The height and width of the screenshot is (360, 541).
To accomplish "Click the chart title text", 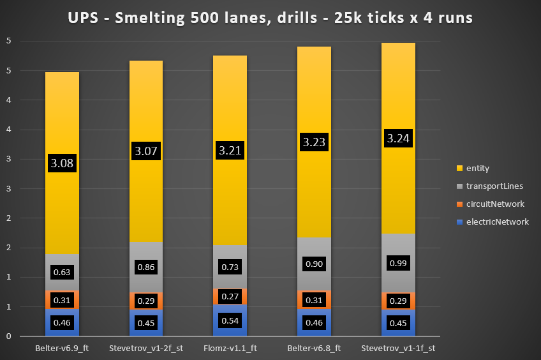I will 270,18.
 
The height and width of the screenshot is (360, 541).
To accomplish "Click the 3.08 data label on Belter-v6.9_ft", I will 62,163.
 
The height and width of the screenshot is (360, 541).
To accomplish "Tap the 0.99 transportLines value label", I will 399,263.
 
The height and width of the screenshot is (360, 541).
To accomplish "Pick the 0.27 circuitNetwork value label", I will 230,296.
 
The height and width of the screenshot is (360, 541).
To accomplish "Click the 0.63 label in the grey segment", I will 62,272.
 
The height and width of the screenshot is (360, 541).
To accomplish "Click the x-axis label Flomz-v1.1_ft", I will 230,349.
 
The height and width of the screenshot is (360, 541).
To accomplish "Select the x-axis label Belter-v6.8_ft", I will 315,349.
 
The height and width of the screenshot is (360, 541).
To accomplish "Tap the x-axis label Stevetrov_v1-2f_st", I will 146,349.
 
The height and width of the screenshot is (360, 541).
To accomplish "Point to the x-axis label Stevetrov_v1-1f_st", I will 399,349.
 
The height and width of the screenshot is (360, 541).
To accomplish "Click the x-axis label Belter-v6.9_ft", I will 62,349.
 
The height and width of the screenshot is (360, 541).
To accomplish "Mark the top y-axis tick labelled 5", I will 8,41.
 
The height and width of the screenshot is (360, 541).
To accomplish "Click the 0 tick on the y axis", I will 8,336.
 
